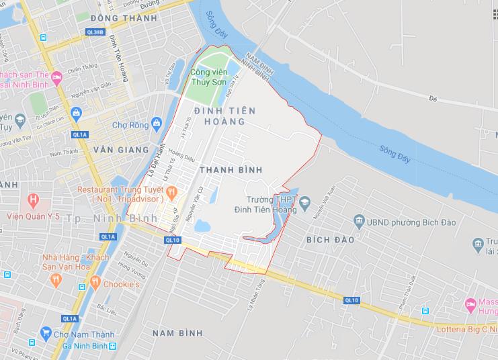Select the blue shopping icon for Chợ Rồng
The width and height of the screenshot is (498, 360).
pyautogui.click(x=157, y=123)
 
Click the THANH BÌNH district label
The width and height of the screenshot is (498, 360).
pyautogui.click(x=231, y=170)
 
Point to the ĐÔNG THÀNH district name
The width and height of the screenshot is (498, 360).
pyautogui.click(x=118, y=17)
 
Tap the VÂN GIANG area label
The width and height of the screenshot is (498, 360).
pyautogui.click(x=121, y=149)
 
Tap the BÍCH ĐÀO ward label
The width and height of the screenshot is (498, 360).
pyautogui.click(x=329, y=239)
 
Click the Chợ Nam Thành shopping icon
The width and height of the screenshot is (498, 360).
pyautogui.click(x=46, y=332)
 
